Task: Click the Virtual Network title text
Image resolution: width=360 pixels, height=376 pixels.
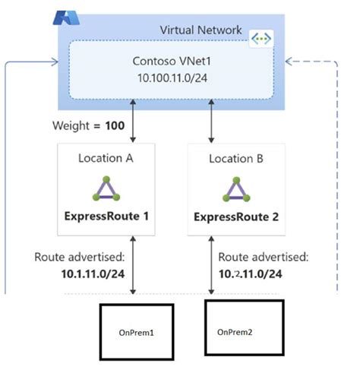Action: tap(201, 30)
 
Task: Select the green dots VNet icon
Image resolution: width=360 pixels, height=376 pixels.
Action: tap(261, 37)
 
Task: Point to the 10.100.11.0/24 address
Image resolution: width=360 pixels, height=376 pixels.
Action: tap(168, 77)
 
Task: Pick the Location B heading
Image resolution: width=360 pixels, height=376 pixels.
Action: tap(235, 161)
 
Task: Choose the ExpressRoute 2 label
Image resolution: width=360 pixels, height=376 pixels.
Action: tap(235, 217)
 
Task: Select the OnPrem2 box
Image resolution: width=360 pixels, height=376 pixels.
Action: tap(244, 331)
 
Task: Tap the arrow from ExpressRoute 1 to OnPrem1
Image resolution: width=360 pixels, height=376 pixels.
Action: tap(134, 266)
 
